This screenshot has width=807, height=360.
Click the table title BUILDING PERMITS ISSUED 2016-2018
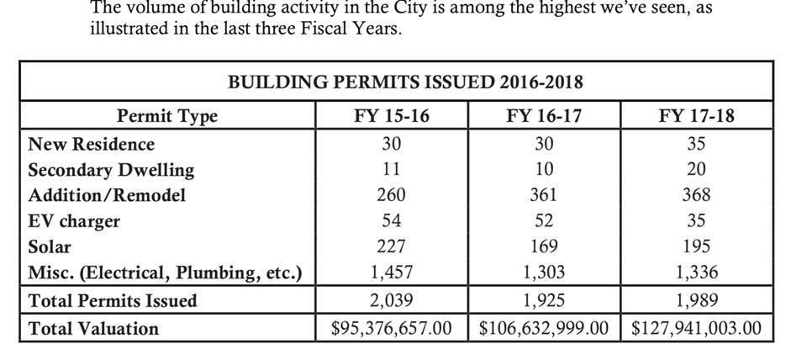pyautogui.click(x=405, y=82)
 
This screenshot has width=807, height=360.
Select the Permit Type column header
pyautogui.click(x=166, y=116)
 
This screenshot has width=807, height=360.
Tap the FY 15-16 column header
pyautogui.click(x=391, y=116)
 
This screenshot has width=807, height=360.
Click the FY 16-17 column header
pyautogui.click(x=544, y=116)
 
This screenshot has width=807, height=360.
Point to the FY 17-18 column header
pyautogui.click(x=696, y=116)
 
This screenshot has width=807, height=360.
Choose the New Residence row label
pyautogui.click(x=92, y=144)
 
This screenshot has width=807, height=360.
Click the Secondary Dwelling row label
pyautogui.click(x=111, y=169)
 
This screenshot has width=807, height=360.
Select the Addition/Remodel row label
pyautogui.click(x=107, y=195)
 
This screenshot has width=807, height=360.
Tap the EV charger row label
pyautogui.click(x=74, y=221)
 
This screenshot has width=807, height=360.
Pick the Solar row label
pyautogui.click(x=50, y=246)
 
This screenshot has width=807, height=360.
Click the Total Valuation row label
pyautogui.click(x=93, y=328)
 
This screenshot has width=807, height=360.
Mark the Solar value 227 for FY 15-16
pyautogui.click(x=391, y=246)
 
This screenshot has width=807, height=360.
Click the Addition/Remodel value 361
pyautogui.click(x=544, y=195)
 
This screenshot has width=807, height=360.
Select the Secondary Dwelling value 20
pyautogui.click(x=696, y=169)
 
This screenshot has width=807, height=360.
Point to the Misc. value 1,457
pyautogui.click(x=391, y=273)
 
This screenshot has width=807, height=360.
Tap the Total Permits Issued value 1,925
pyautogui.click(x=544, y=300)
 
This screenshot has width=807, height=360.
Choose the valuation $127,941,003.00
pyautogui.click(x=696, y=328)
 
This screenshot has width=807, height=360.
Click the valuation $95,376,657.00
pyautogui.click(x=392, y=328)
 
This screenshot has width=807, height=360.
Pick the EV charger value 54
pyautogui.click(x=391, y=221)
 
